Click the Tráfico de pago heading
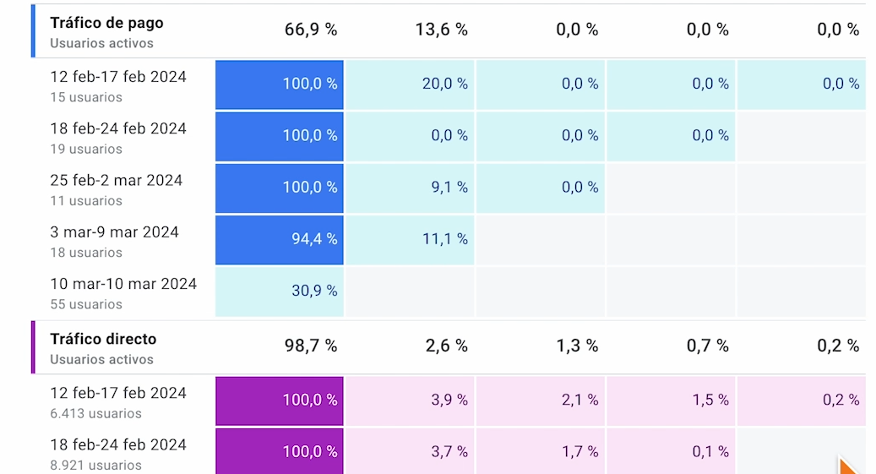click(106, 23)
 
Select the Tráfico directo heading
click(103, 339)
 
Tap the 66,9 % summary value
click(311, 30)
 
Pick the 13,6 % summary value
click(441, 30)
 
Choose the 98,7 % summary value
click(311, 346)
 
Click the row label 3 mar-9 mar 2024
click(114, 232)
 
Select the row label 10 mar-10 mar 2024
click(123, 284)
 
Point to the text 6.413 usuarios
click(95, 414)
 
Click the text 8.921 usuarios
click(95, 466)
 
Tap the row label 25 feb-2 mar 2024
click(116, 180)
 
